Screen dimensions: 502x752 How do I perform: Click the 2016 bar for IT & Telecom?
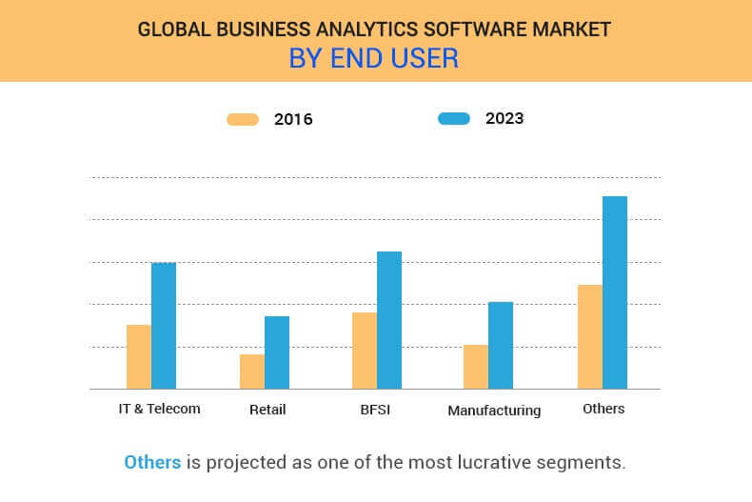139,356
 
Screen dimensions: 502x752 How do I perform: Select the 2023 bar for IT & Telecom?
164,325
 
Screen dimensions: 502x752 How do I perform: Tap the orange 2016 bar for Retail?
252,371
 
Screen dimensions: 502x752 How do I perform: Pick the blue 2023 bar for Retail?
277,351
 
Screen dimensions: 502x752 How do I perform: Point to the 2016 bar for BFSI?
365,350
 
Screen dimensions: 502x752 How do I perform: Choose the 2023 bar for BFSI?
389,319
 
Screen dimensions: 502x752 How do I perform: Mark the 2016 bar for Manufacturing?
476,367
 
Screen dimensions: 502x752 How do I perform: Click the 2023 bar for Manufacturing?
501,345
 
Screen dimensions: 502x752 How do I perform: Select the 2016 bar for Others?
590,336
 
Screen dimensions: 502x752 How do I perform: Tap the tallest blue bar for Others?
615,291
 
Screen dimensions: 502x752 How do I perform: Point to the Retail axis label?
267,410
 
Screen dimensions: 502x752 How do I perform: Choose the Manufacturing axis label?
494,411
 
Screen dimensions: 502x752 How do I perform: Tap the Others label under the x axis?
604,409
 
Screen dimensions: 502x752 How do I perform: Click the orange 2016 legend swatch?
243,119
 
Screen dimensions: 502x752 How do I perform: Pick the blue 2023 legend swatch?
454,118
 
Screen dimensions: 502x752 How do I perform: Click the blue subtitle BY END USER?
374,58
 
